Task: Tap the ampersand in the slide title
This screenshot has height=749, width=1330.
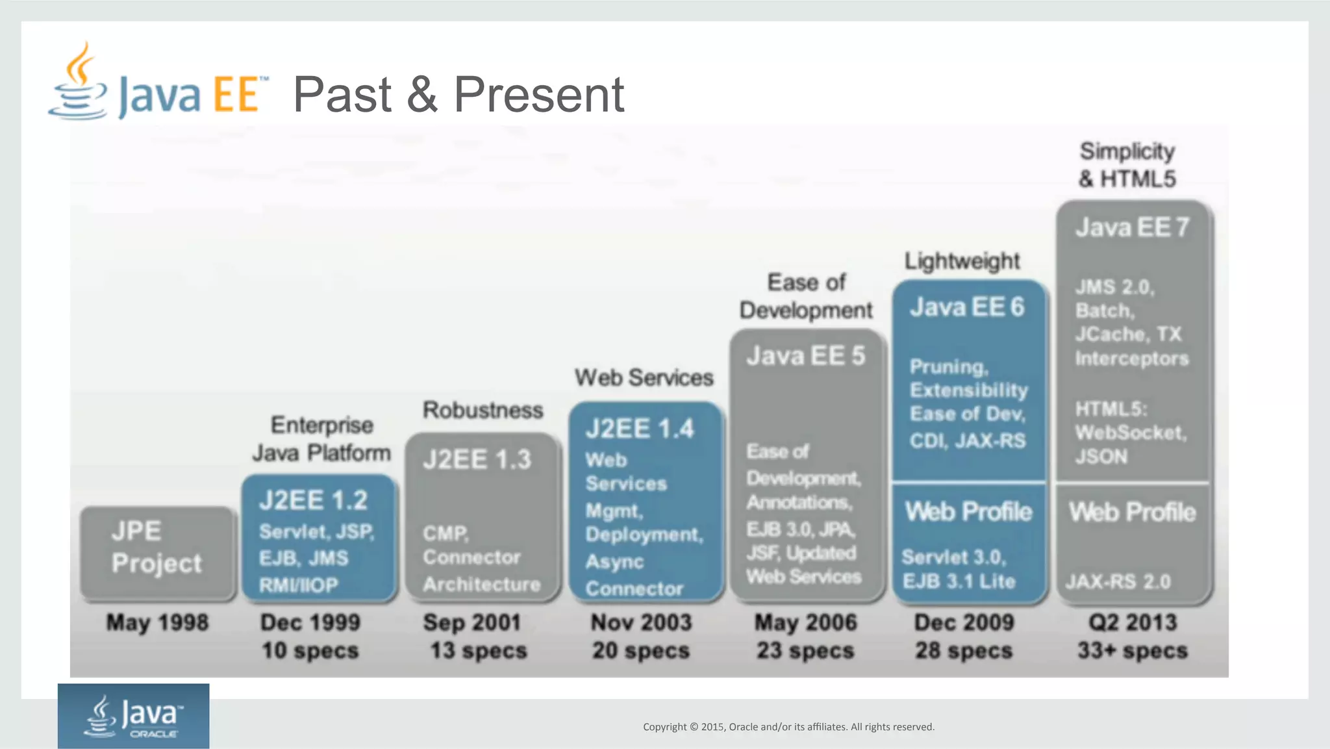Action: (x=422, y=95)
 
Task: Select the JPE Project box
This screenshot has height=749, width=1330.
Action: (x=157, y=552)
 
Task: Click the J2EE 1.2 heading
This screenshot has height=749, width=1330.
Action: (x=313, y=500)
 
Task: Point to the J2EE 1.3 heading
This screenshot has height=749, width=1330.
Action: (x=477, y=460)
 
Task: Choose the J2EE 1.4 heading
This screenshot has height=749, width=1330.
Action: (x=640, y=429)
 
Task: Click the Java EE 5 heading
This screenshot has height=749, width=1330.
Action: (x=805, y=356)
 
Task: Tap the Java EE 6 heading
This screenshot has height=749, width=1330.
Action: (x=967, y=307)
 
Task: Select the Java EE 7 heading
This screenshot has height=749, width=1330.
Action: (x=1132, y=227)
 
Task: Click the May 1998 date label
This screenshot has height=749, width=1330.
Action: (x=157, y=622)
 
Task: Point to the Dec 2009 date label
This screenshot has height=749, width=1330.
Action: (x=964, y=622)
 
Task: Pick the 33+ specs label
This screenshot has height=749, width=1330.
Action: (x=1133, y=650)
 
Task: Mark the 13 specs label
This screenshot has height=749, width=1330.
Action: (x=479, y=650)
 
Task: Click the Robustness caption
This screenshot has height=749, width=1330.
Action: (x=483, y=410)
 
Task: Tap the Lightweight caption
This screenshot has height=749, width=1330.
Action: (x=962, y=261)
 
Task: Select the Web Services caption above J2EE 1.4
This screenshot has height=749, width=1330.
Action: (x=644, y=377)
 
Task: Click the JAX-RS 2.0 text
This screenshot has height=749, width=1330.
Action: (x=1118, y=581)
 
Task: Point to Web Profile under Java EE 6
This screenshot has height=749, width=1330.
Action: (x=968, y=512)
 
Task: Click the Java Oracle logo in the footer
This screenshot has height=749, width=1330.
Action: (x=133, y=716)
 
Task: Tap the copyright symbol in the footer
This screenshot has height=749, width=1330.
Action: (x=694, y=727)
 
